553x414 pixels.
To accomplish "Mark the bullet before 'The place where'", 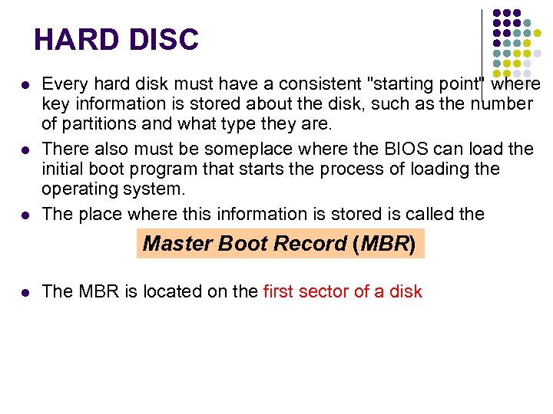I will tap(25, 215).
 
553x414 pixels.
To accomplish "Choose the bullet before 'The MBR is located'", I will tap(25, 292).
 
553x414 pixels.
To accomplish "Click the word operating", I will tap(81, 189).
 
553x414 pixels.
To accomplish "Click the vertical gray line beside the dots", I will tap(482, 46).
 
